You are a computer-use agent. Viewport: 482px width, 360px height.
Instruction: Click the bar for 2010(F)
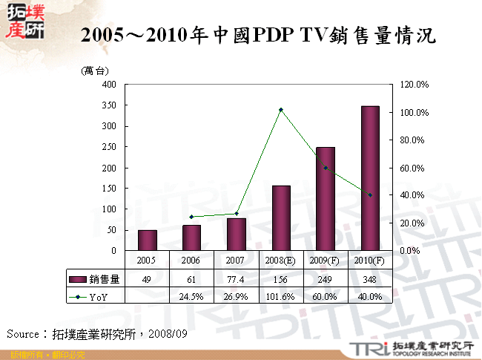[x=370, y=178]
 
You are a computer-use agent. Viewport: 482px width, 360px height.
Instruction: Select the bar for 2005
[x=148, y=240]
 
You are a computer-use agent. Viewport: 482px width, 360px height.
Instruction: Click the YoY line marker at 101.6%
[x=281, y=110]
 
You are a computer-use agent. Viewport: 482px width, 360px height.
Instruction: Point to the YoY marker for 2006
[x=192, y=217]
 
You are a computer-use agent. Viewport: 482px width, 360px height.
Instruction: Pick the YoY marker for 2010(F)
[x=370, y=195]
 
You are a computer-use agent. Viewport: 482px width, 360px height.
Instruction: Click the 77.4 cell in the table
[x=237, y=279]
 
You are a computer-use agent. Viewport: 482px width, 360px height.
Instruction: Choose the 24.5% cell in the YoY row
[x=192, y=296]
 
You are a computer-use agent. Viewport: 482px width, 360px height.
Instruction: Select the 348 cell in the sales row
[x=370, y=279]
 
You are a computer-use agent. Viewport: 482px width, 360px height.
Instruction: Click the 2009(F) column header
[x=326, y=261]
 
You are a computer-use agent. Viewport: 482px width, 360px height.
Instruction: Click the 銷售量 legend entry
[x=96, y=279]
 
